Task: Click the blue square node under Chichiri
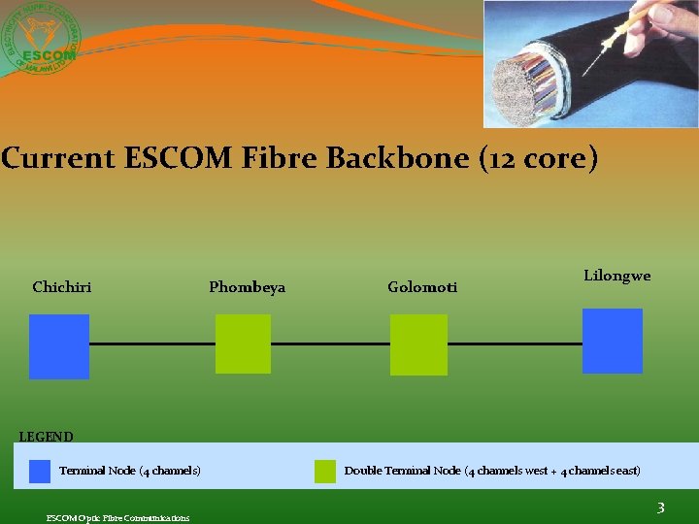59,346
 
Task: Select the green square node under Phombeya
243,344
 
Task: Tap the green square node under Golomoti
418,344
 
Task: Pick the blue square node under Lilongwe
613,341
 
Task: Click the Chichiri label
62,287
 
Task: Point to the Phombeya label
248,287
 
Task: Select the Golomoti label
422,287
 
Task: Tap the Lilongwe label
617,277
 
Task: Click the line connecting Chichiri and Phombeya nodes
152,344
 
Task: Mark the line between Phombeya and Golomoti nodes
330,344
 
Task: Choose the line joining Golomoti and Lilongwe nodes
515,344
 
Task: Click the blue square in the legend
40,472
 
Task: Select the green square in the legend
325,472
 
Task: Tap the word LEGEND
47,437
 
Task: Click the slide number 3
660,508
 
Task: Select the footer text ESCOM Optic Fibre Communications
118,517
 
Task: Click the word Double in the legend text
363,472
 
